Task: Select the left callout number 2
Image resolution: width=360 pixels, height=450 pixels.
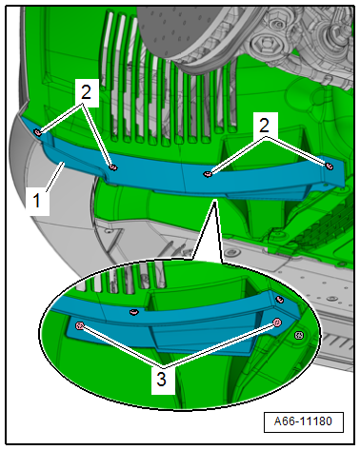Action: (86, 91)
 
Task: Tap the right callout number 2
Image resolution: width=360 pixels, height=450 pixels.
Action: (264, 126)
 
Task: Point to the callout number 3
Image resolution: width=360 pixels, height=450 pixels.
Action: (162, 380)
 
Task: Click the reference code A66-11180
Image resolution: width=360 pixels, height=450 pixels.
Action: (303, 421)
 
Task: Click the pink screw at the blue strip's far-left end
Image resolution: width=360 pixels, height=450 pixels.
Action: (37, 132)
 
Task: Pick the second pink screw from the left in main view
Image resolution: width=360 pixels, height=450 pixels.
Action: (113, 167)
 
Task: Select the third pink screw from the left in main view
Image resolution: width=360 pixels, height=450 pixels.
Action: (208, 174)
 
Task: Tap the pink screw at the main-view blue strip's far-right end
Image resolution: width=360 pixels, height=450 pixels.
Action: (330, 166)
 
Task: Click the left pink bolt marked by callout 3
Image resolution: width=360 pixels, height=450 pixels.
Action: (79, 325)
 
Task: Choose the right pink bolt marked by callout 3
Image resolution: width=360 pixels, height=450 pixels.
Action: (277, 323)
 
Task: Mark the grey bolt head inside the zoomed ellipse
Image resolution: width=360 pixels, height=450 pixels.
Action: (299, 335)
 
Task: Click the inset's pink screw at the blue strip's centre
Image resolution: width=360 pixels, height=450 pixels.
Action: (134, 312)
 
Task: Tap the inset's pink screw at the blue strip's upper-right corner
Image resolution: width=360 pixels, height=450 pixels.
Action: (279, 299)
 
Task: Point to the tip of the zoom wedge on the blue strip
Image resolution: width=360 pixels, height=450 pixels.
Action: (215, 200)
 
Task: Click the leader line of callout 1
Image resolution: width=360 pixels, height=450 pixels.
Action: (54, 176)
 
